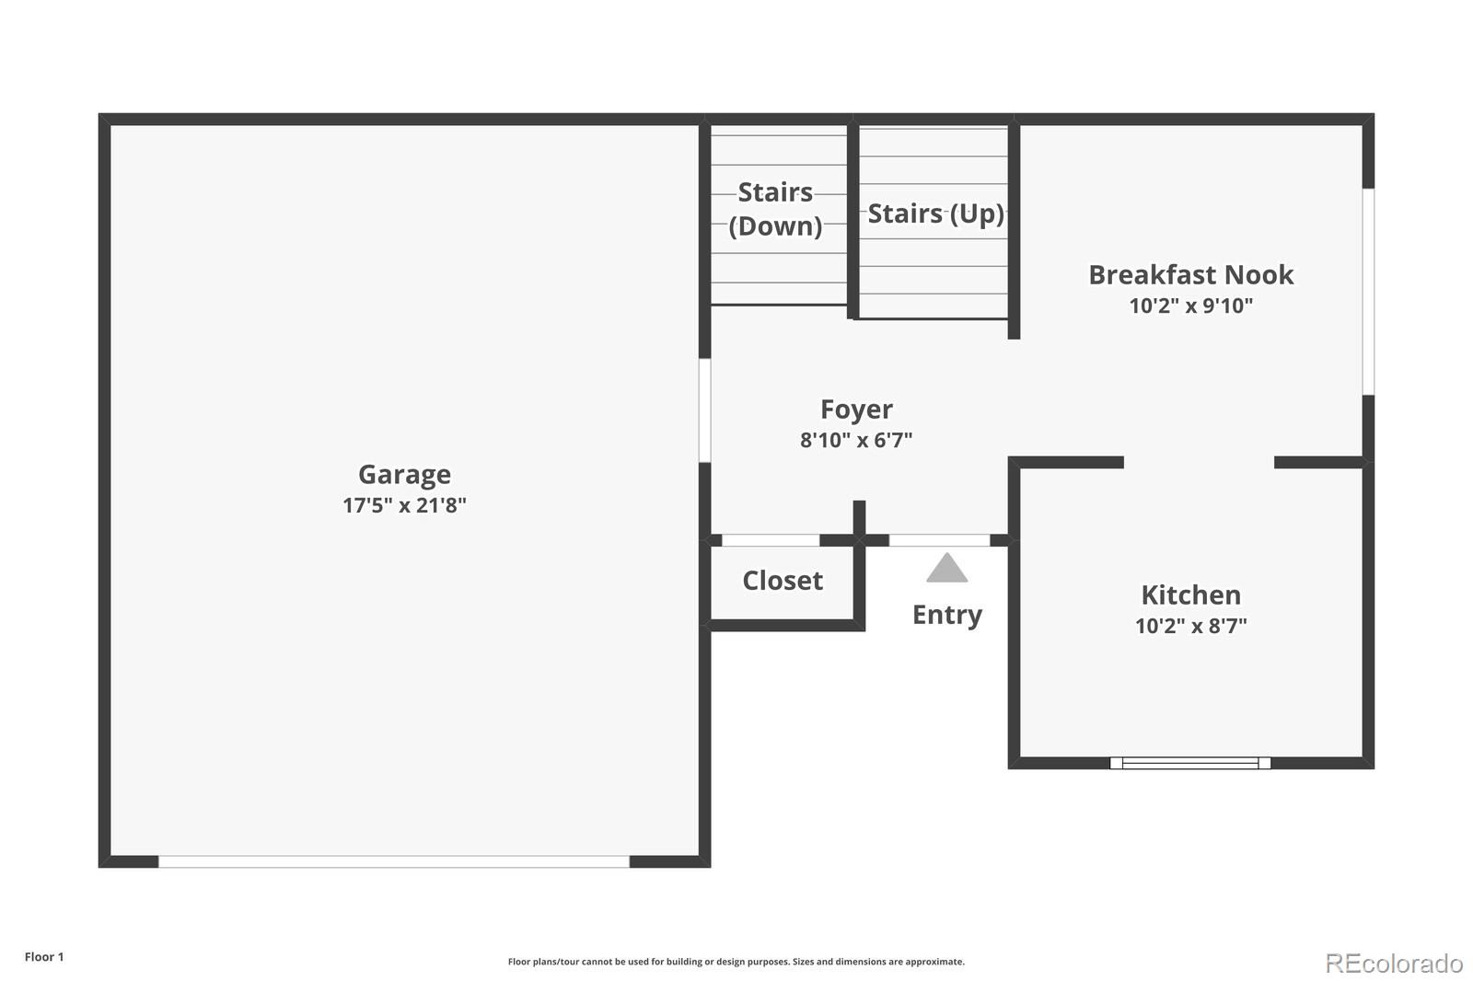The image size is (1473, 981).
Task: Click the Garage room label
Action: [x=404, y=474]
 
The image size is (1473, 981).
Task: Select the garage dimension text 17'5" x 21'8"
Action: [x=404, y=505]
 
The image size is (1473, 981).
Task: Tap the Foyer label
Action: [x=856, y=409]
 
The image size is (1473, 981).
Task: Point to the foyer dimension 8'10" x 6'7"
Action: [x=856, y=440]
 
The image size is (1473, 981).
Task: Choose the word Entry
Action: [x=946, y=614]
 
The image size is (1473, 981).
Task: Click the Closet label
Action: [x=783, y=581]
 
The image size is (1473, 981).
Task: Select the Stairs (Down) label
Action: [x=775, y=209]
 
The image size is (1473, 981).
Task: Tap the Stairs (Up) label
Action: [x=935, y=214]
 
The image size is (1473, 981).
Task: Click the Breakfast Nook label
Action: [x=1190, y=274]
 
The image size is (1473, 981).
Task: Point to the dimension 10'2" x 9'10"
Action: [x=1190, y=306]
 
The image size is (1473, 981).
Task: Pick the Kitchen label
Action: [x=1190, y=594]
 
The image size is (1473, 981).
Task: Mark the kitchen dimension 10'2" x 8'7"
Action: [x=1190, y=626]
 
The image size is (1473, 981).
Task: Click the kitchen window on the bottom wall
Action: [x=1189, y=763]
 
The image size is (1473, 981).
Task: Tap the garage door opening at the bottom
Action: [x=394, y=861]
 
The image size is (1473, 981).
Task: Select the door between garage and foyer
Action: [x=704, y=410]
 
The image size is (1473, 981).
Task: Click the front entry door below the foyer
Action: [x=939, y=540]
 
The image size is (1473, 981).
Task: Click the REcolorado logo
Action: [x=1394, y=963]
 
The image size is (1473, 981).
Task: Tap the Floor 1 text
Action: [x=44, y=957]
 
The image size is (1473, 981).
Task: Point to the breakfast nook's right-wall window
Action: [x=1368, y=292]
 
